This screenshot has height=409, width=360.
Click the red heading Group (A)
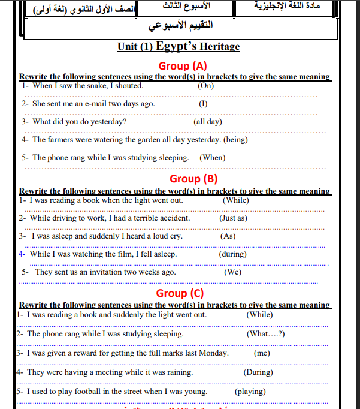pos(183,65)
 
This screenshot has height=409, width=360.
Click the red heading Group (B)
pos(193,178)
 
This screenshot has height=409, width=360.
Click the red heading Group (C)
pos(180,293)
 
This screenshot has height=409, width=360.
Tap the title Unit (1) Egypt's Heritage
pos(179,47)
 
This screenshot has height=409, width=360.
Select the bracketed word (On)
pos(206,85)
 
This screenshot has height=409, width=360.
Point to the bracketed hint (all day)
pos(208,121)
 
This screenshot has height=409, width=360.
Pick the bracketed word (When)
pos(212,158)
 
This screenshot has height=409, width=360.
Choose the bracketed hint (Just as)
pos(233,218)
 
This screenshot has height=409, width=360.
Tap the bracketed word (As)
pos(228,236)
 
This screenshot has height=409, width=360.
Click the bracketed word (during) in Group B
pos(232,254)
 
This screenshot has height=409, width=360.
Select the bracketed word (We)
pos(232,272)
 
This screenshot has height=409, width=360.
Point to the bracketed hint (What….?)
pos(266,333)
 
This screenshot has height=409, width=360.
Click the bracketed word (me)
pos(262,353)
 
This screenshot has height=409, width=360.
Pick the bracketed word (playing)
pos(250,392)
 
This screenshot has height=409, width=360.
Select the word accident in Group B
pos(174,218)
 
